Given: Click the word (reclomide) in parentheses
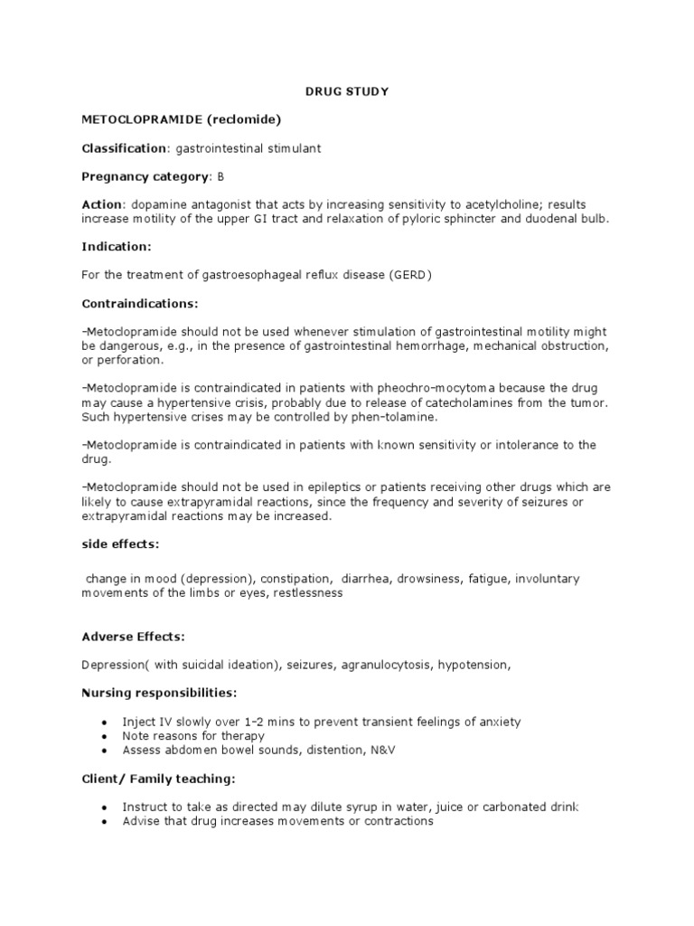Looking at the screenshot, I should click(228, 119).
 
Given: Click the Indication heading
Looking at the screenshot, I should click(117, 246).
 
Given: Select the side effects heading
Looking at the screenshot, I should click(122, 545).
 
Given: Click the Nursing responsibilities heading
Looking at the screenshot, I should click(159, 693).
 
